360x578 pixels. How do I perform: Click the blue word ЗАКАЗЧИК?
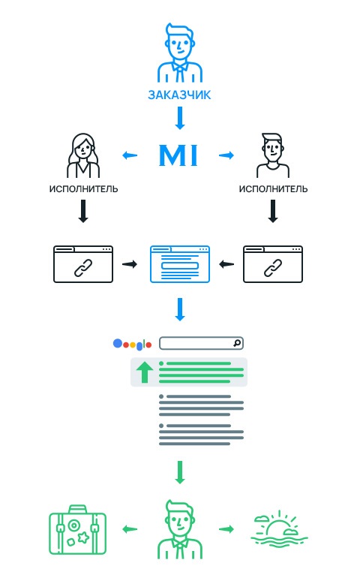pyautogui.click(x=179, y=95)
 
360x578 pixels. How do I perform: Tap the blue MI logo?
pyautogui.click(x=178, y=155)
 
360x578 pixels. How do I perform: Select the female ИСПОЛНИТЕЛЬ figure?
pyautogui.click(x=83, y=155)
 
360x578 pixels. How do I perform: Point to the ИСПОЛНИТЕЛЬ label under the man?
pyautogui.click(x=273, y=189)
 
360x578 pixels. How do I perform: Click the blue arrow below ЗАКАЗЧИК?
pyautogui.click(x=180, y=119)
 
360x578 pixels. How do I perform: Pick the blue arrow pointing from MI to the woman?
pyautogui.click(x=130, y=155)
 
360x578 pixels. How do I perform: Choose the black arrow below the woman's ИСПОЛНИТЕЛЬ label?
pyautogui.click(x=83, y=211)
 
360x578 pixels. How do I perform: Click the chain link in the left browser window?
pyautogui.click(x=83, y=268)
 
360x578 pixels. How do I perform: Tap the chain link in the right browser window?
pyautogui.click(x=273, y=268)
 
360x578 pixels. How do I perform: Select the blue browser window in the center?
pyautogui.click(x=180, y=264)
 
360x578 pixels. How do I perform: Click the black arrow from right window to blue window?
pyautogui.click(x=226, y=264)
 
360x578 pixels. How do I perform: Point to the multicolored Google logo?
pyautogui.click(x=132, y=345)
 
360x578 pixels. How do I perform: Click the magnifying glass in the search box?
pyautogui.click(x=237, y=343)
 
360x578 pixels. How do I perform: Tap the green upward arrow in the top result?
pyautogui.click(x=145, y=372)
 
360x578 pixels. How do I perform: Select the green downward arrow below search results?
pyautogui.click(x=180, y=472)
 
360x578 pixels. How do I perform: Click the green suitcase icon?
pyautogui.click(x=78, y=529)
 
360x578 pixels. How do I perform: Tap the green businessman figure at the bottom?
pyautogui.click(x=180, y=529)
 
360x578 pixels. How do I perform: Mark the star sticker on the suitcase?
pyautogui.click(x=84, y=537)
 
